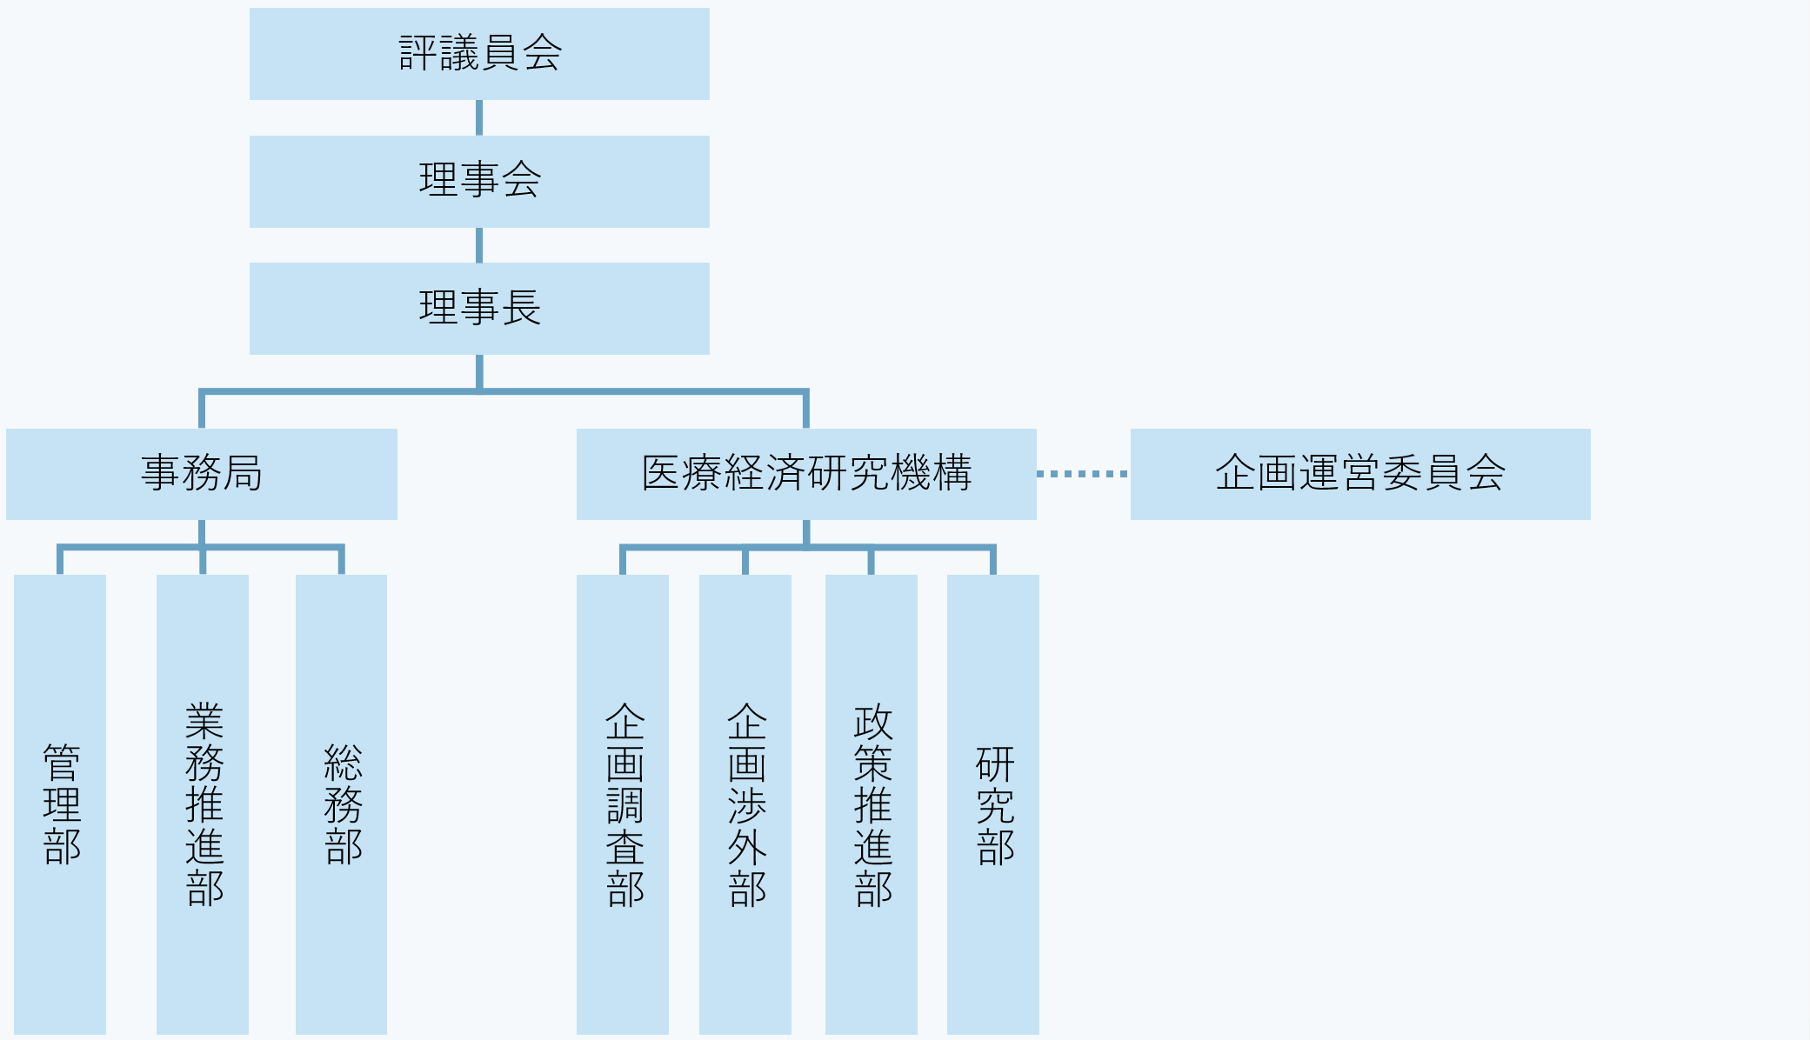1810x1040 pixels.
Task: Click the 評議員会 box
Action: [x=479, y=54]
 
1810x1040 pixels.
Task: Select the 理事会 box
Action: [x=479, y=181]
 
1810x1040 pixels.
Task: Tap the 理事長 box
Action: [x=479, y=308]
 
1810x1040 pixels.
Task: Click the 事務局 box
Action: [x=202, y=474]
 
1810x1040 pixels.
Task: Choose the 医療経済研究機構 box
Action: [x=806, y=474]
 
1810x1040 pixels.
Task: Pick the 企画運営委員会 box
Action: [x=1360, y=474]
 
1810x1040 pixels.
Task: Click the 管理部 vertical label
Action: [x=61, y=804]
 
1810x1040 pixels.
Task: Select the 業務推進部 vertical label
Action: [x=204, y=804]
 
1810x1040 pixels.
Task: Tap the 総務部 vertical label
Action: [x=342, y=804]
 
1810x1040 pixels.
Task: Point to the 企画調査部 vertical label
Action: [x=624, y=804]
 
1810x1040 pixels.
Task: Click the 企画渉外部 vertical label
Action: [x=746, y=804]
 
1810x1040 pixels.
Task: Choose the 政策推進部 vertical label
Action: [x=872, y=804]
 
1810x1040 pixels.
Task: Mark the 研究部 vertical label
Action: [x=994, y=804]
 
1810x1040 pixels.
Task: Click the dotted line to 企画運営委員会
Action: [x=1083, y=474]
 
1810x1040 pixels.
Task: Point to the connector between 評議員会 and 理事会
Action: [x=479, y=117]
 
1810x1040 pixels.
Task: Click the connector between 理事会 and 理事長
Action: [x=479, y=245]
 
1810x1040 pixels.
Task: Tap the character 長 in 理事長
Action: [x=521, y=308]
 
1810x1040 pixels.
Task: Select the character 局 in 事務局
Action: [x=243, y=474]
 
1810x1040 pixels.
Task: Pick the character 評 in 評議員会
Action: [x=418, y=54]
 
